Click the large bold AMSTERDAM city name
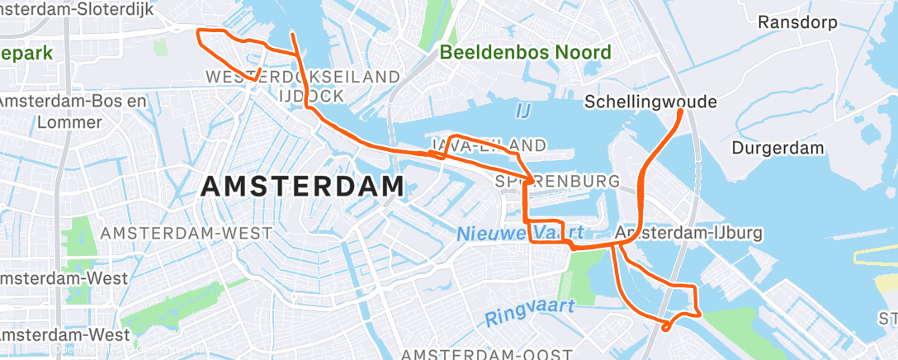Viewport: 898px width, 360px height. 302,187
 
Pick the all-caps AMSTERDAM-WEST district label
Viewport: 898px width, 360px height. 185,234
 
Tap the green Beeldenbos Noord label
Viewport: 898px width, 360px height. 526,53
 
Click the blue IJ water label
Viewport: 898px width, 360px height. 523,110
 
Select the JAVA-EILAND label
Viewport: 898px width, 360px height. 489,146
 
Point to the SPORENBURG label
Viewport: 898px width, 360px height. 557,180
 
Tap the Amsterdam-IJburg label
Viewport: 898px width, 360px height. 688,233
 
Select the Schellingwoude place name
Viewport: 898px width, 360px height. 650,102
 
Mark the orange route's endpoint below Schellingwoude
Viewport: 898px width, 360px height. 680,111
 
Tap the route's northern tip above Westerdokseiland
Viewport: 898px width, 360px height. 293,35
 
